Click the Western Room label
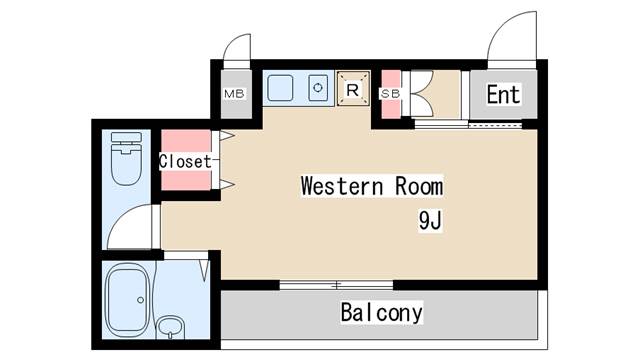372,186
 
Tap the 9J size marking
430,220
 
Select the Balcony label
382,313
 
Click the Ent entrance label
503,95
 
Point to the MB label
234,94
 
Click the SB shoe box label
390,94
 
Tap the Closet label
185,161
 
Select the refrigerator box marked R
353,89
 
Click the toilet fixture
127,158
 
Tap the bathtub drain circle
140,300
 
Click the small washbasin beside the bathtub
171,327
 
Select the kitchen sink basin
280,88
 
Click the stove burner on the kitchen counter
318,87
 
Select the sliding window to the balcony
336,285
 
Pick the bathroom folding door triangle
204,269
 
